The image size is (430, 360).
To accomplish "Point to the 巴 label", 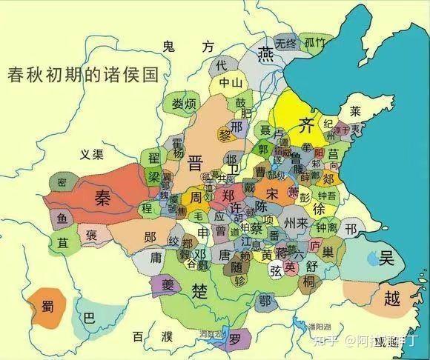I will (90, 319).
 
